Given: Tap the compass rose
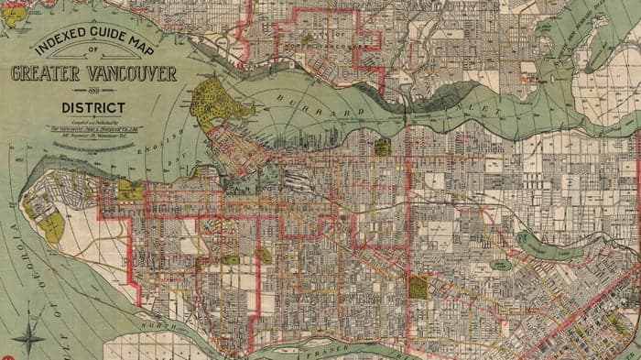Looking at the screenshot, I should click(29, 335).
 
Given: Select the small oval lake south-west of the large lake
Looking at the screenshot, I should click(500, 264).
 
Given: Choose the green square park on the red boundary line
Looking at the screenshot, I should click(418, 288).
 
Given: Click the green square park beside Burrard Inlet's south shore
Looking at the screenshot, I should click(382, 146).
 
